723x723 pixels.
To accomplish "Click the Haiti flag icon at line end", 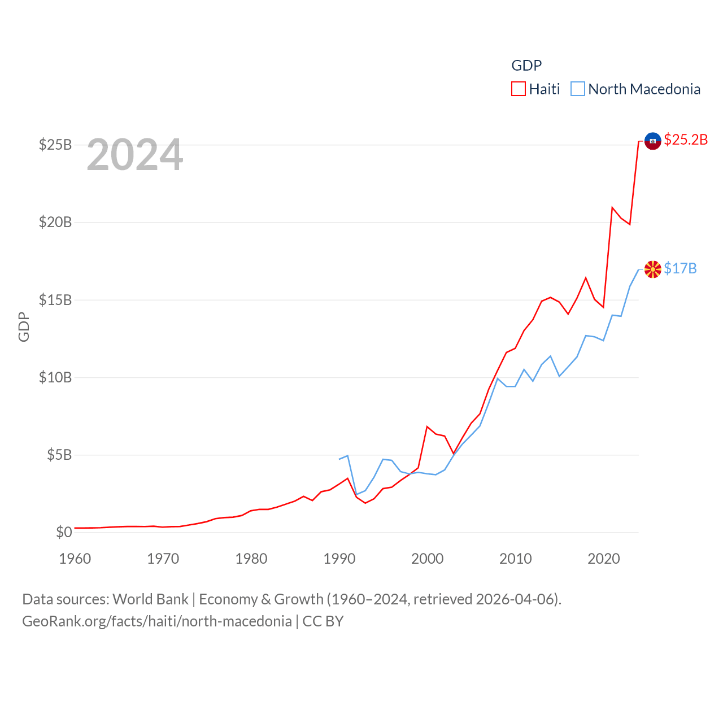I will pos(652,141).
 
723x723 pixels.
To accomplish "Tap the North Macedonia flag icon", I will pos(652,269).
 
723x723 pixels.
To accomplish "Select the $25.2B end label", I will pos(686,140).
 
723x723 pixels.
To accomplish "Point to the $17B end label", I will pos(680,268).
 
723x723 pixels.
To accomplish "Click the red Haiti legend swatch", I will pos(519,89).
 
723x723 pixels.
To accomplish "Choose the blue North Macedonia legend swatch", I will pos(577,89).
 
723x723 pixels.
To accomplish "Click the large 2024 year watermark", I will pos(135,155).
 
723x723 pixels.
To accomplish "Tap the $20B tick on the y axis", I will pos(55,222).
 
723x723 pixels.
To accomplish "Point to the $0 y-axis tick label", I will pos(64,532).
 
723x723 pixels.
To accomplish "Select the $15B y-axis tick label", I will pos(55,300).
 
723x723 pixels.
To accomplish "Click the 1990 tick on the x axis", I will pos(339,559).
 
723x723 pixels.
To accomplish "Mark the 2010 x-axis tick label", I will pos(515,559).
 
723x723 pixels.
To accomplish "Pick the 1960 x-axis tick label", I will pos(75,559).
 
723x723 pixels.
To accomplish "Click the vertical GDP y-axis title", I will pos(24,326).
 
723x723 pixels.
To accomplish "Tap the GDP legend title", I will pos(526,66).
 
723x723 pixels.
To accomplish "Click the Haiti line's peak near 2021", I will pos(612,207).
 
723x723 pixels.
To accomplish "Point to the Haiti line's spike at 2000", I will pos(427,426).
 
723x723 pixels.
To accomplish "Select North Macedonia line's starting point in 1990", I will pos(339,459).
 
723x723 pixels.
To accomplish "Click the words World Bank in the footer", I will pos(150,599).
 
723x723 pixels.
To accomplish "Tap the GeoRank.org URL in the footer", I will pos(157,621).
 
